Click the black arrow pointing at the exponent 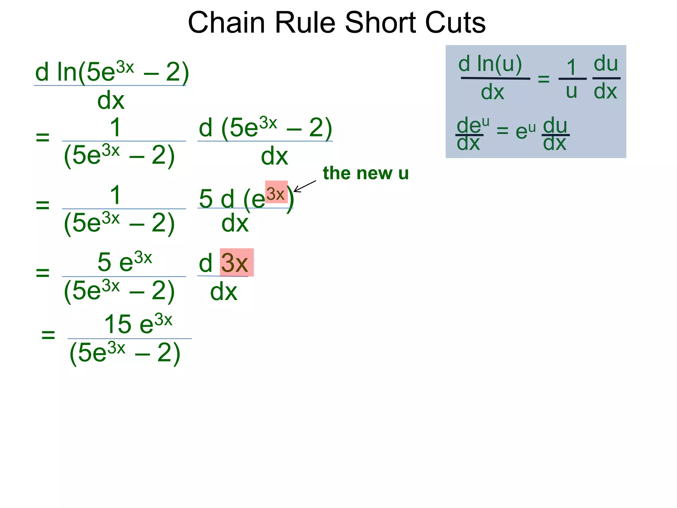pyautogui.click(x=304, y=186)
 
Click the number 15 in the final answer pyautogui.click(x=117, y=324)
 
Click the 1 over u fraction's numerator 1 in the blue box pyautogui.click(x=572, y=67)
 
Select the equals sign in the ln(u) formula pyautogui.click(x=543, y=79)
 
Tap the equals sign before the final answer pyautogui.click(x=48, y=335)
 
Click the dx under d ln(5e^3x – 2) pyautogui.click(x=111, y=100)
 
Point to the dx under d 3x pyautogui.click(x=224, y=292)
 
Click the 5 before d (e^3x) pyautogui.click(x=206, y=199)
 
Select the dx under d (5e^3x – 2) pyautogui.click(x=274, y=156)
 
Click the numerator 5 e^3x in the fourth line pyautogui.click(x=125, y=261)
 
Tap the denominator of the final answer pyautogui.click(x=125, y=353)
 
